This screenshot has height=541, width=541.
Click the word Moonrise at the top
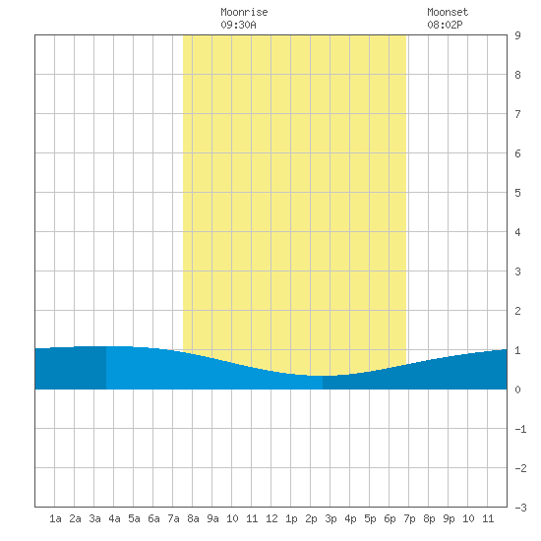(x=244, y=12)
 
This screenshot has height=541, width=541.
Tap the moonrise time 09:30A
(x=238, y=25)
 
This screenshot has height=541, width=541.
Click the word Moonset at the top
(x=448, y=12)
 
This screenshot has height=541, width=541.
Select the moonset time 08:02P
(x=445, y=25)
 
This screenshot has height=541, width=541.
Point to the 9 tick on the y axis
(x=517, y=35)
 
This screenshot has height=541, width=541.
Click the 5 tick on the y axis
(x=517, y=193)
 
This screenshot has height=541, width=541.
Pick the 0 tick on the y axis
(x=517, y=390)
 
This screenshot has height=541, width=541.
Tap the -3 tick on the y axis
(x=520, y=508)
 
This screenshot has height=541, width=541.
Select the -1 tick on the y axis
(x=520, y=429)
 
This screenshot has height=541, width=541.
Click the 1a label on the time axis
(x=55, y=518)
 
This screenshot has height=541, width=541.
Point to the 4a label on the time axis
(x=114, y=518)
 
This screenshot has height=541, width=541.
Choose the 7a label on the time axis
(x=173, y=518)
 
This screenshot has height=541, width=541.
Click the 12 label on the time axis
(x=271, y=518)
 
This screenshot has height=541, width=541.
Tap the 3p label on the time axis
(x=331, y=518)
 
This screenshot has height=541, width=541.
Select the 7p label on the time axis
(x=409, y=518)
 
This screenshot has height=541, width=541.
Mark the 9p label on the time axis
(x=449, y=518)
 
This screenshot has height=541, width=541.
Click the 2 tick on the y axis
(x=517, y=311)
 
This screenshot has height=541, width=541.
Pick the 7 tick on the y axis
(x=517, y=114)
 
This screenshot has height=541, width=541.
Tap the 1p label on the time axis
(x=291, y=518)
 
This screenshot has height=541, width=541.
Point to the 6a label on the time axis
(x=153, y=518)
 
